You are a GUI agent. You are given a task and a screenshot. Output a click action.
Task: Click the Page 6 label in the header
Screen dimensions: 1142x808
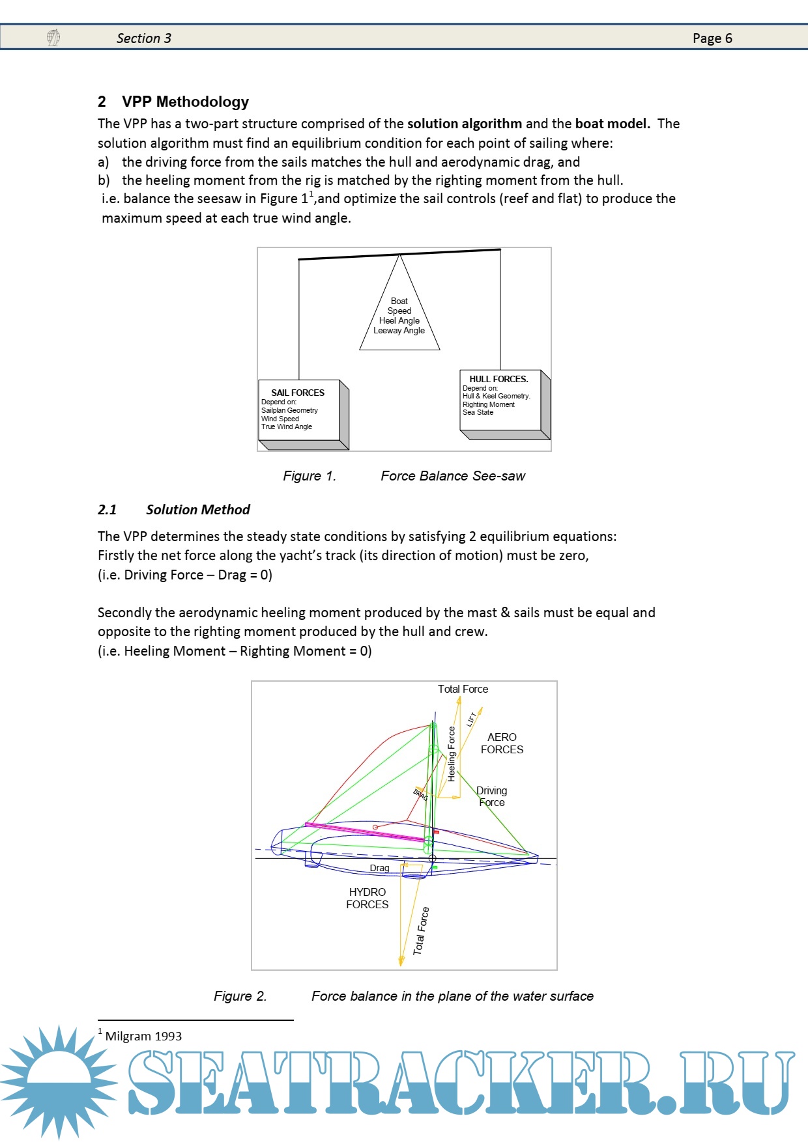tap(712, 38)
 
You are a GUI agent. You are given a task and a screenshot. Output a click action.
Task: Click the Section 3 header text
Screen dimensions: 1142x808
tap(144, 38)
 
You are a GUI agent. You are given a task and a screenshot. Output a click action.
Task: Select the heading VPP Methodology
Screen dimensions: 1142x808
tap(185, 102)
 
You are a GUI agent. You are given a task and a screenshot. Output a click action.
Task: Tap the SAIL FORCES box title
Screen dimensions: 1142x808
tap(298, 393)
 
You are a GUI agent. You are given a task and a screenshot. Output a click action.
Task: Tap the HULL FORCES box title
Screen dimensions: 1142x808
tap(498, 379)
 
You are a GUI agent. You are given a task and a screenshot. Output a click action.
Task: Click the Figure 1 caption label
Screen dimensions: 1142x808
tap(310, 476)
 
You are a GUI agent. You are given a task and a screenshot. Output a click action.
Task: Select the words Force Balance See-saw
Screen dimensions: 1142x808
tap(453, 476)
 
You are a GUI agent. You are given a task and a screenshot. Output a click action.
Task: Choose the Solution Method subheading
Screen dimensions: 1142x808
tap(197, 510)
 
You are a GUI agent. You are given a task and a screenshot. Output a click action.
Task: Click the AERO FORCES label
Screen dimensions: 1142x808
tap(502, 743)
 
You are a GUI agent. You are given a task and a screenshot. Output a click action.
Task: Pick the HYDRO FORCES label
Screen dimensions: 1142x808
tap(367, 898)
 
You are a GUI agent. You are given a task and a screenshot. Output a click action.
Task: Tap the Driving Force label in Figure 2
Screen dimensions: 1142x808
tap(492, 796)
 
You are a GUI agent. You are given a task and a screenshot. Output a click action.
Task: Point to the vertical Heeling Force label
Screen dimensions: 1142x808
tap(452, 754)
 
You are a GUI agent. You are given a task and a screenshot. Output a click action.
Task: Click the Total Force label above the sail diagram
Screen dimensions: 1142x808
tap(463, 689)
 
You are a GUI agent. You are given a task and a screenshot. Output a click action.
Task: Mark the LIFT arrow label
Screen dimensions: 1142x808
tap(472, 719)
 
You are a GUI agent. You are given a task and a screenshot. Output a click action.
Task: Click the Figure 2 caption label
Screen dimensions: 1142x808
tap(240, 996)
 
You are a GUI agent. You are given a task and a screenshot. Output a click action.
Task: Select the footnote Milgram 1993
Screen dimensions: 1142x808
tap(143, 1036)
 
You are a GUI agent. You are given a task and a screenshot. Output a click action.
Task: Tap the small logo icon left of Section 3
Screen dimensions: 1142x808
tap(53, 38)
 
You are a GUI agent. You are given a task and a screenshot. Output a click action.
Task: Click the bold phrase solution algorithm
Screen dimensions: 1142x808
tap(465, 124)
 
